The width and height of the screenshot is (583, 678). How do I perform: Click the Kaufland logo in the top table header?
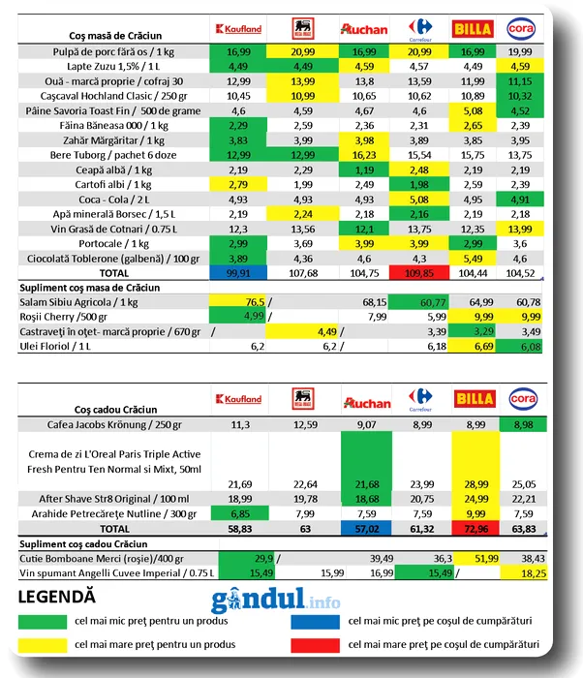click(x=238, y=29)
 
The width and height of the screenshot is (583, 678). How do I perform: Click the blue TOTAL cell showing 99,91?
click(x=238, y=273)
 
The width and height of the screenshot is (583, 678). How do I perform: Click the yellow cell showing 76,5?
click(x=238, y=302)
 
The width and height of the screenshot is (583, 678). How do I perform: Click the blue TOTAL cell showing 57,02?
click(x=364, y=530)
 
